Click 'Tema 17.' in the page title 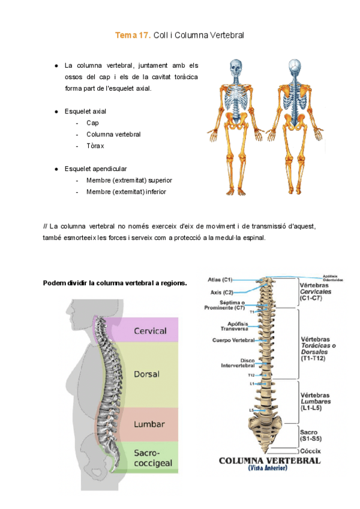coord(133,36)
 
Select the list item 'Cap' coord(92,122)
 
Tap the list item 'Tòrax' coord(95,146)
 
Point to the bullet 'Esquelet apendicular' coord(95,169)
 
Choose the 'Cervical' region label coord(150,331)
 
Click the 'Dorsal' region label coord(147,374)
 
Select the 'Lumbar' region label coord(149,424)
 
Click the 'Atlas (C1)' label coord(220,280)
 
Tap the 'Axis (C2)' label coord(221,292)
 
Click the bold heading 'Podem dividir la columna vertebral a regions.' coord(115,283)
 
